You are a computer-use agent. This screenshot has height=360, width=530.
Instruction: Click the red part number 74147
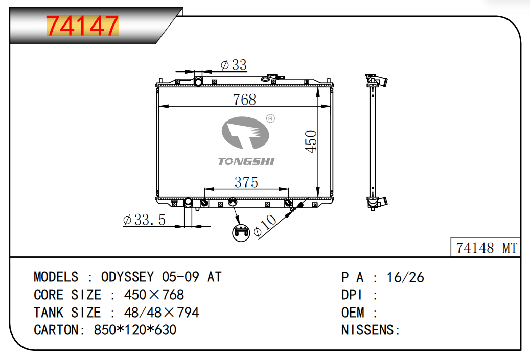pos(82,26)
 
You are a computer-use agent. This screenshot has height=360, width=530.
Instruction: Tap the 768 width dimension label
pos(244,100)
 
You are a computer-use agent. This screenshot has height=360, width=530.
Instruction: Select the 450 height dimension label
pos(311,141)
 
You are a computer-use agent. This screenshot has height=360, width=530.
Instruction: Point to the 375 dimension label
pos(246,182)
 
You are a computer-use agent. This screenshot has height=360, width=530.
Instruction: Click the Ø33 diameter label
pos(234,65)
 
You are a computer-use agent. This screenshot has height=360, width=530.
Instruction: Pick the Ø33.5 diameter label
pos(144,220)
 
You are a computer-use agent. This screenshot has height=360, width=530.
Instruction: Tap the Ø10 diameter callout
pos(265,225)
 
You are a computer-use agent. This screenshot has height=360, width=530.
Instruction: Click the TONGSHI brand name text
pos(246,161)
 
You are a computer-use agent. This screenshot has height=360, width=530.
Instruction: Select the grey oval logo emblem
pos(245,133)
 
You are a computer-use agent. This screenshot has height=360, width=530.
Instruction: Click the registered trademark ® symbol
pos(270,118)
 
